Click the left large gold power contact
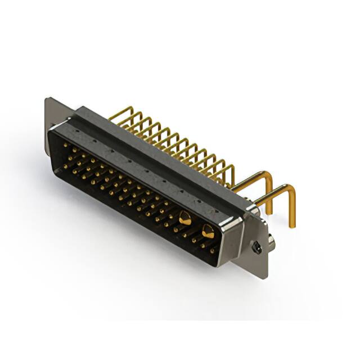pos(185,217)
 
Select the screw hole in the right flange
pos(256,247)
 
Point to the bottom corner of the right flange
pos(262,277)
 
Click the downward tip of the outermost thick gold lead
pos(292,225)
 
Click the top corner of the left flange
pos(47,100)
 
